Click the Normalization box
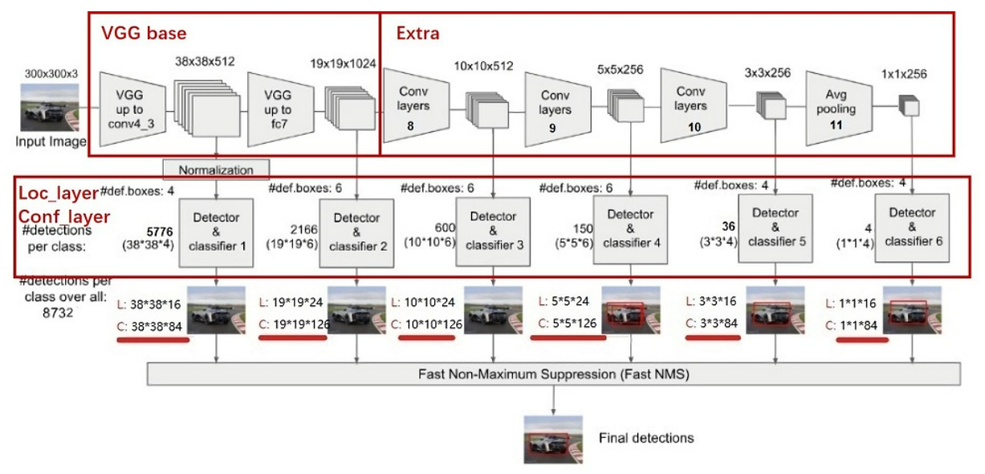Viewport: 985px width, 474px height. point(216,170)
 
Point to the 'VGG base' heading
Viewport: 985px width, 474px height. point(144,34)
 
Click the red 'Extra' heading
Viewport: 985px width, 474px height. point(418,35)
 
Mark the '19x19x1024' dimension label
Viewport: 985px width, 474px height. point(343,63)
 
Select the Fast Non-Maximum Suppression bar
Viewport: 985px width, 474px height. point(554,374)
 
